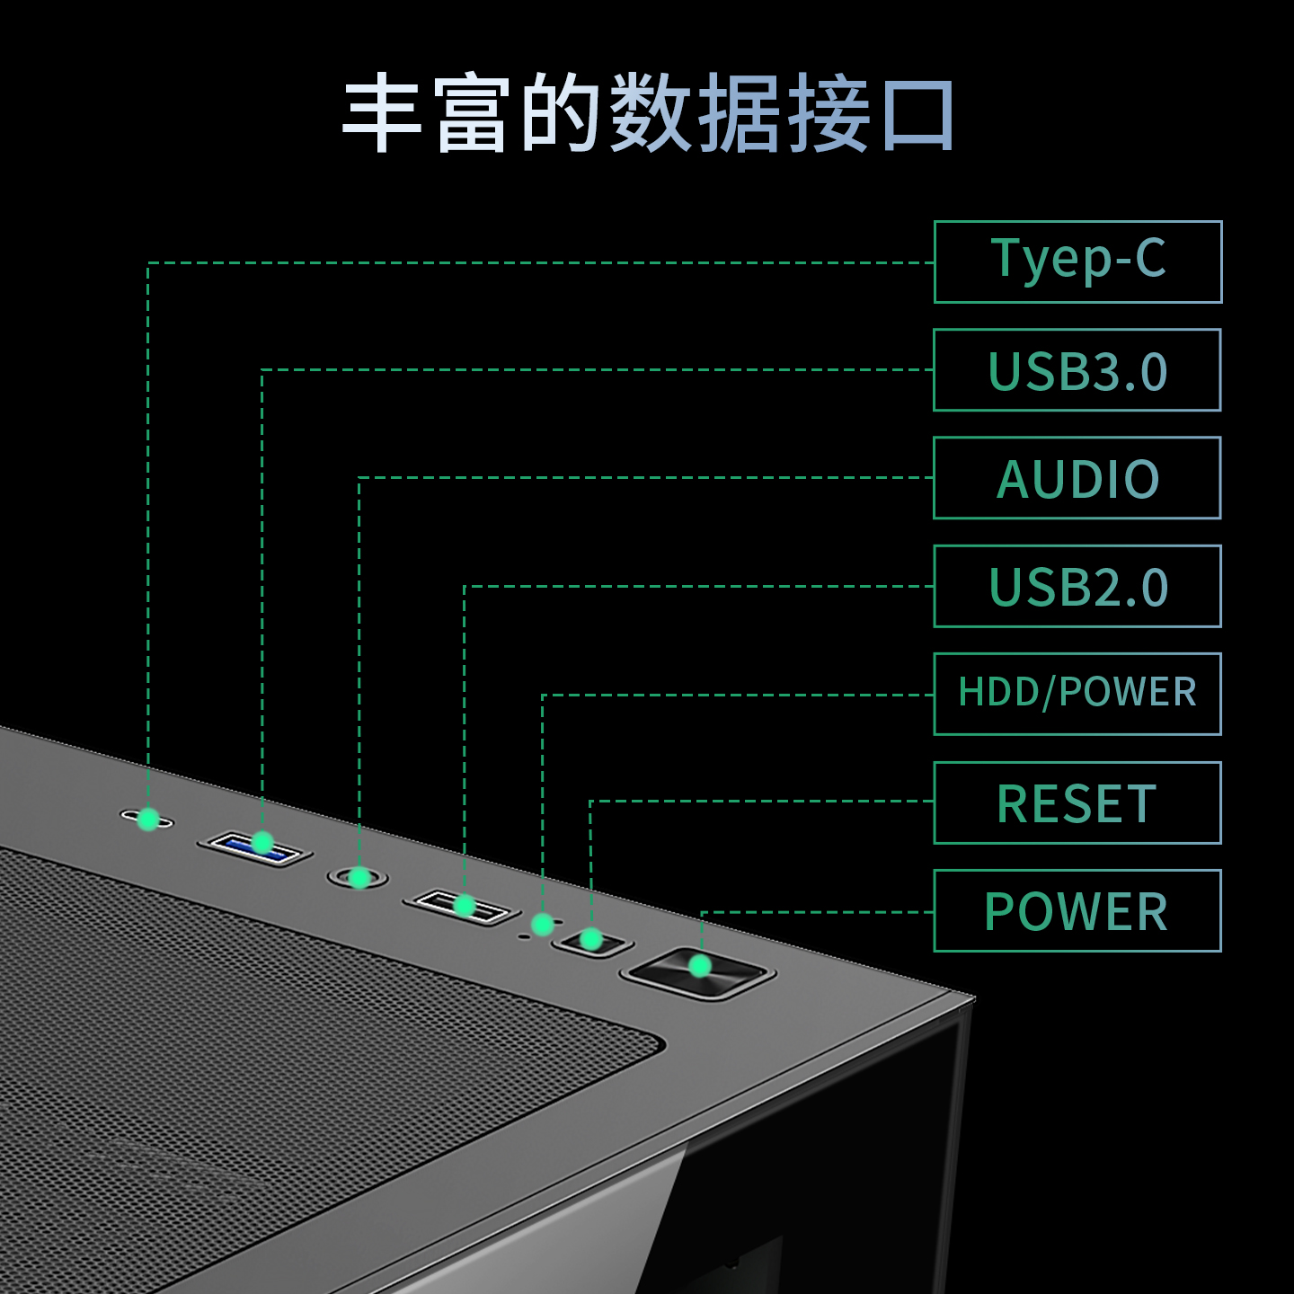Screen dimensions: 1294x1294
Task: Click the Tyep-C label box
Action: [1077, 261]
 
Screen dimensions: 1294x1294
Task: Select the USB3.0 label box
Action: [1077, 370]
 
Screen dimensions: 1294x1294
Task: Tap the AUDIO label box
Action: [1077, 478]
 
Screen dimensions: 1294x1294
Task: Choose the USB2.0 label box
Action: [1077, 586]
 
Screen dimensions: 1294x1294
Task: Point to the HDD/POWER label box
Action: [1077, 694]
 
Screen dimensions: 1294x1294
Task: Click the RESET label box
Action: [1077, 802]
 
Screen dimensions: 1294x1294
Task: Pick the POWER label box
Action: [1077, 910]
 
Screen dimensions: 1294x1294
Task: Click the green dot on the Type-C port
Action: [148, 819]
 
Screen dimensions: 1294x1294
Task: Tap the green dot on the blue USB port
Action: [262, 842]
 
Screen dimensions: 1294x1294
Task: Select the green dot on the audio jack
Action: [359, 877]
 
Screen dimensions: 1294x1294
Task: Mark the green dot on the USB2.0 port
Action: [465, 905]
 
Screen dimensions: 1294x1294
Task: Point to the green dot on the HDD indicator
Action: [542, 924]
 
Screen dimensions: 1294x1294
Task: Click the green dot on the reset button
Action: [591, 939]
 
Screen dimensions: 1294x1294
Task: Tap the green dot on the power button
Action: [700, 966]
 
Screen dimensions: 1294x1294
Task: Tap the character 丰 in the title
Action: [382, 114]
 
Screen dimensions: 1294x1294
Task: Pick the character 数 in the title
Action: [651, 114]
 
